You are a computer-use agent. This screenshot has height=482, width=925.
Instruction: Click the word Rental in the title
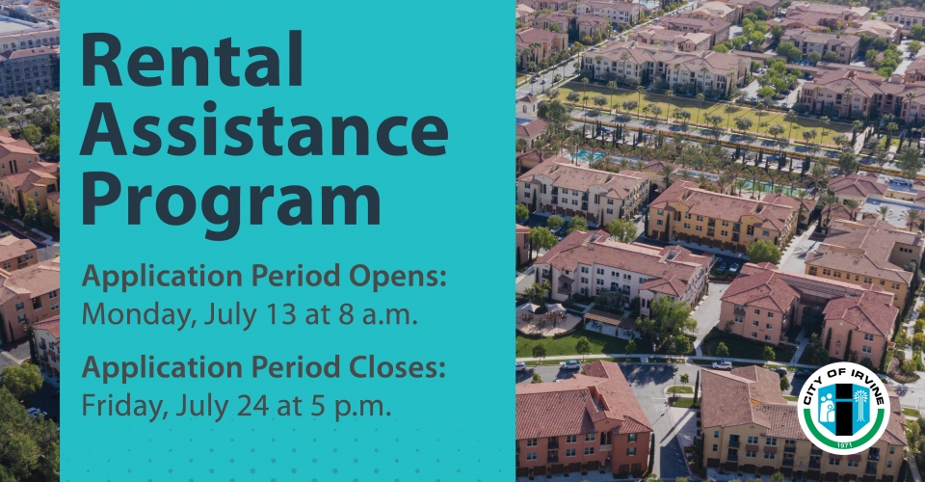click(x=191, y=60)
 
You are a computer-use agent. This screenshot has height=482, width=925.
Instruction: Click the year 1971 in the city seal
click(x=845, y=444)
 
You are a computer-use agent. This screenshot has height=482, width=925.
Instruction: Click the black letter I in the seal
click(x=845, y=409)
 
